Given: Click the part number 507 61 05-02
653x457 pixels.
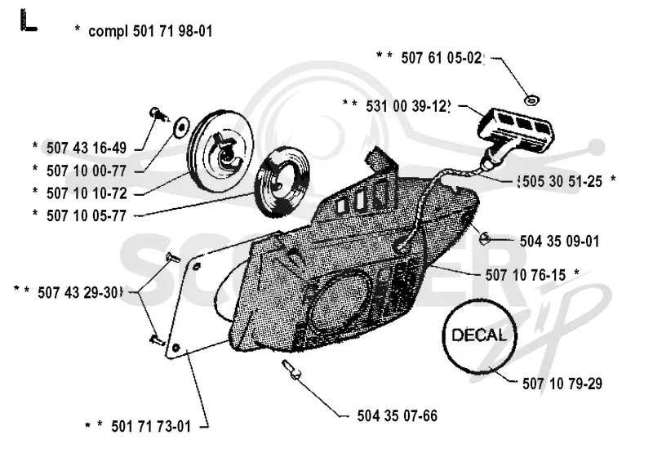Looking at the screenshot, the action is (x=442, y=58).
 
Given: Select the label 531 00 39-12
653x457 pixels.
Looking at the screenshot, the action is (x=408, y=106).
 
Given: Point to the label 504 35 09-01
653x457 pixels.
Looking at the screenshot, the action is (x=559, y=241).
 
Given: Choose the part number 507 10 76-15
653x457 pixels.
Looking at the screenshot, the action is (x=525, y=275).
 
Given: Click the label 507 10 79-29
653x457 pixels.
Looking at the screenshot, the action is (x=562, y=384).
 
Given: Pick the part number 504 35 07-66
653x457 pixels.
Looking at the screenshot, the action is (x=398, y=416).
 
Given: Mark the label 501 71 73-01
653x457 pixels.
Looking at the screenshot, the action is (x=151, y=427).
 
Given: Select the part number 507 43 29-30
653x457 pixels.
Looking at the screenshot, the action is (x=79, y=293).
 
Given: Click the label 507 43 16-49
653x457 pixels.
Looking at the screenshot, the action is (x=87, y=148).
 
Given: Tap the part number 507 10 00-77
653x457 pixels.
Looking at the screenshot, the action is (x=87, y=171).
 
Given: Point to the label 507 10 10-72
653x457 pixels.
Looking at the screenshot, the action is (x=87, y=193).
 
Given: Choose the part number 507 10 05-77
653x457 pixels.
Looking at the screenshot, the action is (x=87, y=216).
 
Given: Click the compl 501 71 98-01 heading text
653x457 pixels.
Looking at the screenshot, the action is (x=150, y=31).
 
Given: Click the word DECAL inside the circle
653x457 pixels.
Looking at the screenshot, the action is (x=479, y=335).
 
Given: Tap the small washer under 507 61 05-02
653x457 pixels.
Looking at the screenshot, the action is (x=531, y=100).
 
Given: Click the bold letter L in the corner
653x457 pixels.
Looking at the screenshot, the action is (x=28, y=21).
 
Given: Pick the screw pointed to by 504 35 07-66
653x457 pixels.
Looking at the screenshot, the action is (x=291, y=370).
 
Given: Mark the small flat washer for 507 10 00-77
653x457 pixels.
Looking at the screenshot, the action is (x=181, y=126).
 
